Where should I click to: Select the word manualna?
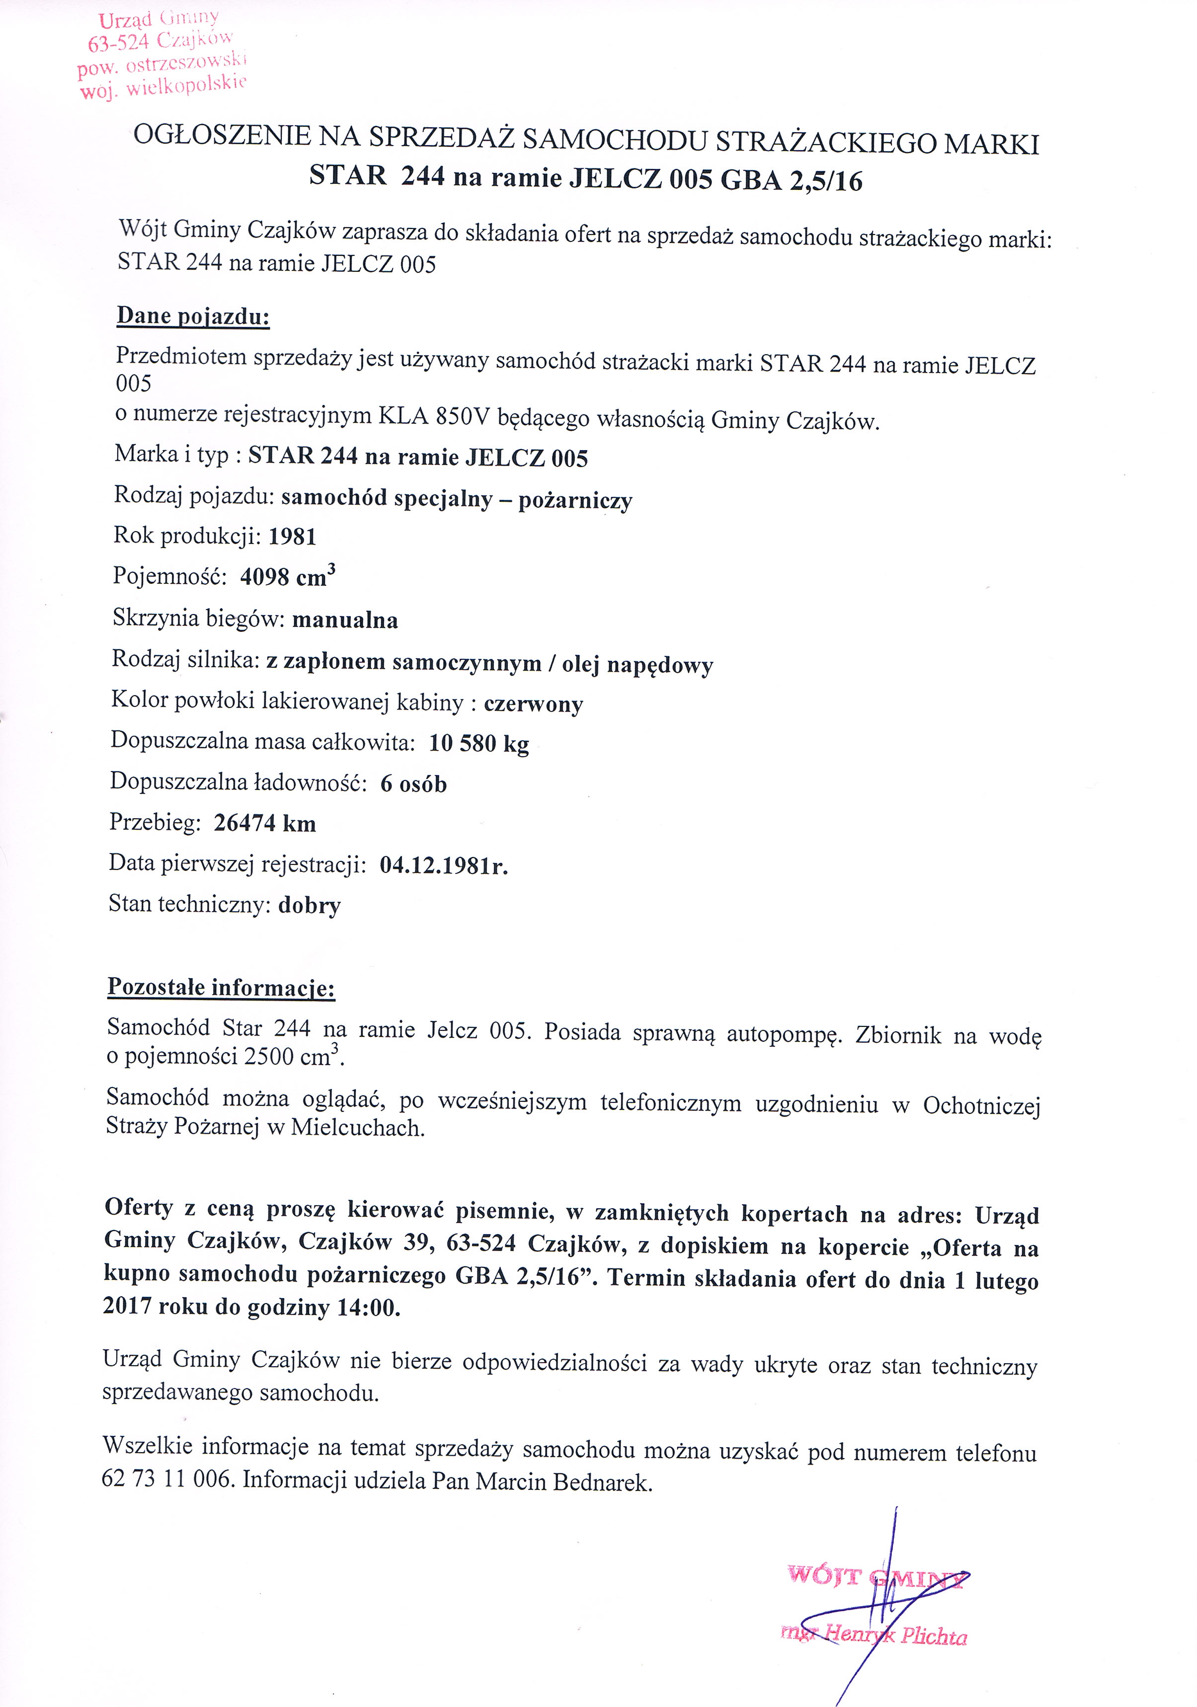point(345,620)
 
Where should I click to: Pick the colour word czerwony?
point(533,703)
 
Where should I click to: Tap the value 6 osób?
point(413,783)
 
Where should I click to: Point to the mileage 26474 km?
point(265,824)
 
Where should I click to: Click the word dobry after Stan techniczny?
point(309,906)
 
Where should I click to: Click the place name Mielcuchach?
point(357,1128)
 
